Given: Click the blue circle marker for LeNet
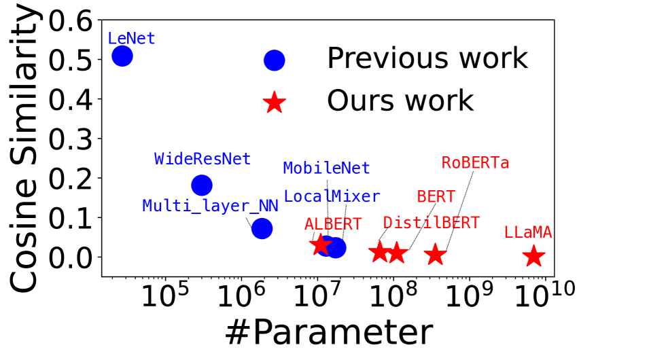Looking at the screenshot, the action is (x=122, y=56).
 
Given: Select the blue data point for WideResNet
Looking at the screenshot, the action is (x=202, y=185).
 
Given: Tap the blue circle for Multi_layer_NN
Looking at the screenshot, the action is (x=262, y=228).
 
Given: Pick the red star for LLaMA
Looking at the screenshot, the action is (x=533, y=256).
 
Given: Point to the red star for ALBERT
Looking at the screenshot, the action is (x=320, y=245).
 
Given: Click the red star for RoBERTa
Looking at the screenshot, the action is (x=435, y=255).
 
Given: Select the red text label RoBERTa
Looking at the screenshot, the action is (x=475, y=162).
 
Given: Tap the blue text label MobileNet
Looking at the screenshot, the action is (x=327, y=168).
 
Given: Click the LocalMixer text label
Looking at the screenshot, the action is (x=332, y=196).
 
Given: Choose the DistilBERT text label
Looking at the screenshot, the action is (x=432, y=223).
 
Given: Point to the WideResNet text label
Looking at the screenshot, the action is (x=203, y=159).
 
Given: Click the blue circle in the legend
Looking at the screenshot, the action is (x=275, y=60).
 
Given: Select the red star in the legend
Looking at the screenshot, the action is (x=275, y=102).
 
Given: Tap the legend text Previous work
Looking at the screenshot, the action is (x=427, y=58).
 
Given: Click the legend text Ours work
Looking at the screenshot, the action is (x=400, y=101).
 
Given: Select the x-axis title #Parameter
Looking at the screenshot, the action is (x=329, y=333).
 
